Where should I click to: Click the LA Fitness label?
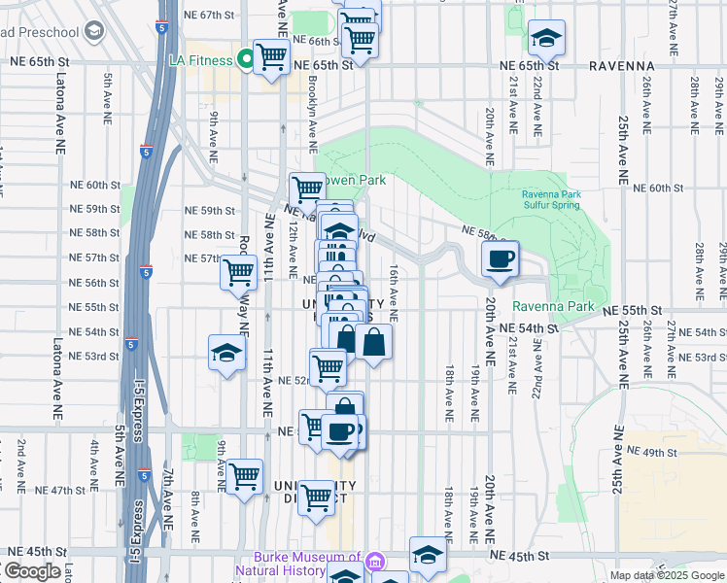[x=199, y=60]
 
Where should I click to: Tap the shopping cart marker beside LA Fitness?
[x=271, y=57]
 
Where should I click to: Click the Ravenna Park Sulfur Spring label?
[x=550, y=199]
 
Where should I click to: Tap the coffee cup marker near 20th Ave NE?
[x=501, y=259]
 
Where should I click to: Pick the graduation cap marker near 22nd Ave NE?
[x=547, y=39]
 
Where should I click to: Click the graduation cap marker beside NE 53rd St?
[x=225, y=353]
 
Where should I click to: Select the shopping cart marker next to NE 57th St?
[x=238, y=272]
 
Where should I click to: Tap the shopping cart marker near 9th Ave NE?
[x=244, y=477]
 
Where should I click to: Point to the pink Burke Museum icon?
[x=376, y=561]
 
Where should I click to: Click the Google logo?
[x=31, y=571]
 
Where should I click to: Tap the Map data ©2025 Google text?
[x=667, y=575]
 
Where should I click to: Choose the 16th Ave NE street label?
[x=394, y=292]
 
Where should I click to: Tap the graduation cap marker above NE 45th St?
[x=427, y=555]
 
